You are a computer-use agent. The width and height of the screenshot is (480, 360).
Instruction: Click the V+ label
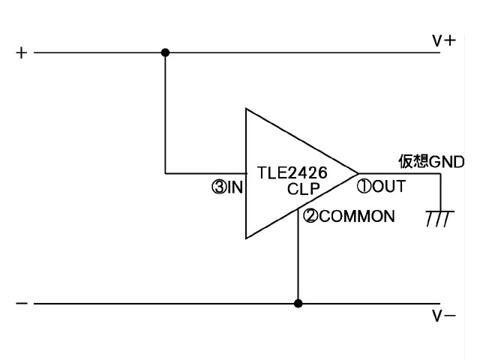coord(444,40)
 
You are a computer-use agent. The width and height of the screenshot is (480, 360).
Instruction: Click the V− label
coord(444,316)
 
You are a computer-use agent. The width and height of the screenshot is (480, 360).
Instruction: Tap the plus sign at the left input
coord(22,53)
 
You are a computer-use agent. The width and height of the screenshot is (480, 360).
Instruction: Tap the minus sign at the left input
coord(22,303)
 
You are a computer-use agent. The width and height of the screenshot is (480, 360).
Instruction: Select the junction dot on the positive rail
coord(165,52)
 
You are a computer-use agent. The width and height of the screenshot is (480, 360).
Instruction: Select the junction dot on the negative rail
coord(298,303)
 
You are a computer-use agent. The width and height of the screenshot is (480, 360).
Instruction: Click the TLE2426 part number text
coord(292,172)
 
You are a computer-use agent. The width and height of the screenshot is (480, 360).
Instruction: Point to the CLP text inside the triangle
coord(303,189)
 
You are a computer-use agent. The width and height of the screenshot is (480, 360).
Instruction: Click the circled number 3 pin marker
coord(219,187)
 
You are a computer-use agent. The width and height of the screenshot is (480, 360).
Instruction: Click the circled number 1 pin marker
coord(364,186)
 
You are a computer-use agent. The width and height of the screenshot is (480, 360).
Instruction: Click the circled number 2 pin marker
coord(310,216)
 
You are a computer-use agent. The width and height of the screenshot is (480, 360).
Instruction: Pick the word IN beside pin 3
coord(235,187)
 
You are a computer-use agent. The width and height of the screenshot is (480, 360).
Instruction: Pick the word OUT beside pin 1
coord(388,187)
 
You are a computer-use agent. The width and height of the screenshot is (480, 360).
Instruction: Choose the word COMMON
coord(357,216)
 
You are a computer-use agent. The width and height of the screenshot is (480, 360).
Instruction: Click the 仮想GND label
coord(431,161)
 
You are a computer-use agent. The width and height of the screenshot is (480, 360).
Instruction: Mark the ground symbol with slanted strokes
coord(440,218)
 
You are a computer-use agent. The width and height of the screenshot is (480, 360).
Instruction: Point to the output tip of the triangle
coord(358,173)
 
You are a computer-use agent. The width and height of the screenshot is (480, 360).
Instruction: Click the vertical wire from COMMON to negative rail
coord(298,256)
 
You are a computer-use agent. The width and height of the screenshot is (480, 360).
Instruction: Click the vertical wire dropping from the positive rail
coord(165,113)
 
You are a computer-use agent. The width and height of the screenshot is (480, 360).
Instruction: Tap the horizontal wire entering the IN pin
coord(205,173)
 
